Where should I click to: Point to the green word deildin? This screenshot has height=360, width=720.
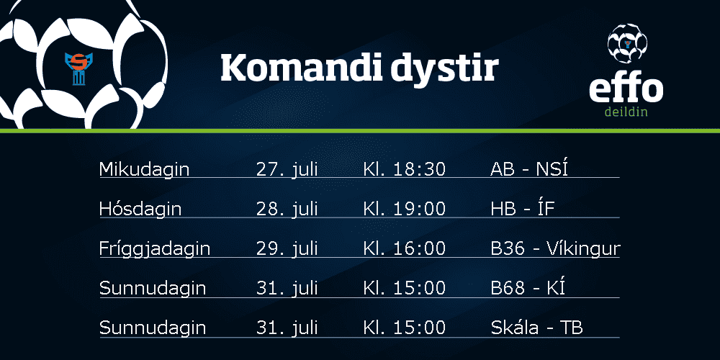pyautogui.click(x=626, y=111)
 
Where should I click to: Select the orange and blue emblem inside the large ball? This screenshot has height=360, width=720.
pyautogui.click(x=79, y=68)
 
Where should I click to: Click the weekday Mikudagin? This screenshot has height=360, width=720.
pyautogui.click(x=144, y=170)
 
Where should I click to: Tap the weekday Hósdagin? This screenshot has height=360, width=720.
pyautogui.click(x=140, y=210)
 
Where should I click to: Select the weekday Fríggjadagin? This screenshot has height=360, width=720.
pyautogui.click(x=155, y=249)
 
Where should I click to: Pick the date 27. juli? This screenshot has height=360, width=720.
pyautogui.click(x=287, y=170)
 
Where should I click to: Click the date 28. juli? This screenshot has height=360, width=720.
pyautogui.click(x=287, y=210)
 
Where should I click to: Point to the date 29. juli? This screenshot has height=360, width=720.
pyautogui.click(x=287, y=249)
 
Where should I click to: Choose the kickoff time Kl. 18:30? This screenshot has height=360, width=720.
pyautogui.click(x=405, y=170)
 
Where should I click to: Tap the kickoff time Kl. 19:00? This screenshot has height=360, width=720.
pyautogui.click(x=405, y=210)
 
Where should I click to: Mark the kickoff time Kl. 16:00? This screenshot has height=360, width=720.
pyautogui.click(x=405, y=249)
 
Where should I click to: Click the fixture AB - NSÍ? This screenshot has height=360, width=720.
pyautogui.click(x=529, y=168)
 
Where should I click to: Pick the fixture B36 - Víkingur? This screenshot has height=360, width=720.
pyautogui.click(x=556, y=248)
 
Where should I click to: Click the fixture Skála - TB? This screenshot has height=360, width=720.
pyautogui.click(x=537, y=328)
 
